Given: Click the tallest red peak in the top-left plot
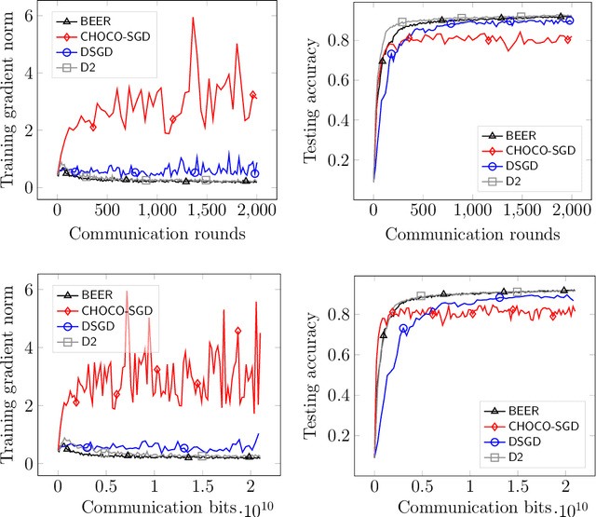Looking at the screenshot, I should click(x=193, y=18).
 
